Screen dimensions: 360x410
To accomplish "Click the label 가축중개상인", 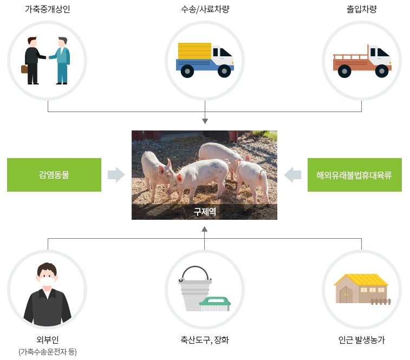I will [x=47, y=9].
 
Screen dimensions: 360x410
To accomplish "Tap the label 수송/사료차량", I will [x=205, y=9].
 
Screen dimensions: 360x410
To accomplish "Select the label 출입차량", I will [x=361, y=9].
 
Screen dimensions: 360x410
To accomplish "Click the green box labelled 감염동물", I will [x=54, y=175].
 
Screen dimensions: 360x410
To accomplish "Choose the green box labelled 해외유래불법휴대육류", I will [x=354, y=175].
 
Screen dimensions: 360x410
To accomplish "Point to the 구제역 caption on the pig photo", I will [x=204, y=212].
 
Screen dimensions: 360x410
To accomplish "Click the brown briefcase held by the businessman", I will [x=24, y=69].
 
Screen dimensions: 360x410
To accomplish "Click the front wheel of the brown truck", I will [x=382, y=70].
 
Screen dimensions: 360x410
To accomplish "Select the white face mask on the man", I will [x=47, y=280].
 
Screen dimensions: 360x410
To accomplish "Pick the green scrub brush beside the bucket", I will [x=215, y=302].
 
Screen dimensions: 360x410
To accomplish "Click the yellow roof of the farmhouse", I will [x=361, y=279].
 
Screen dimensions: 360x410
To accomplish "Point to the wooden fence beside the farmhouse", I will [x=381, y=301].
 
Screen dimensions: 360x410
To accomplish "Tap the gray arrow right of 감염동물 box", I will [x=116, y=175].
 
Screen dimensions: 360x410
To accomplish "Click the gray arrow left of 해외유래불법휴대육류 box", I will [x=293, y=175].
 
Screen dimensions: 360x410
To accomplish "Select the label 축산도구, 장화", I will [x=205, y=341].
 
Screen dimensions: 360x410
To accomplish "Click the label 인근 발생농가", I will [x=361, y=341].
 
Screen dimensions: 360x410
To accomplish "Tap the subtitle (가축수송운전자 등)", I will [x=48, y=352].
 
